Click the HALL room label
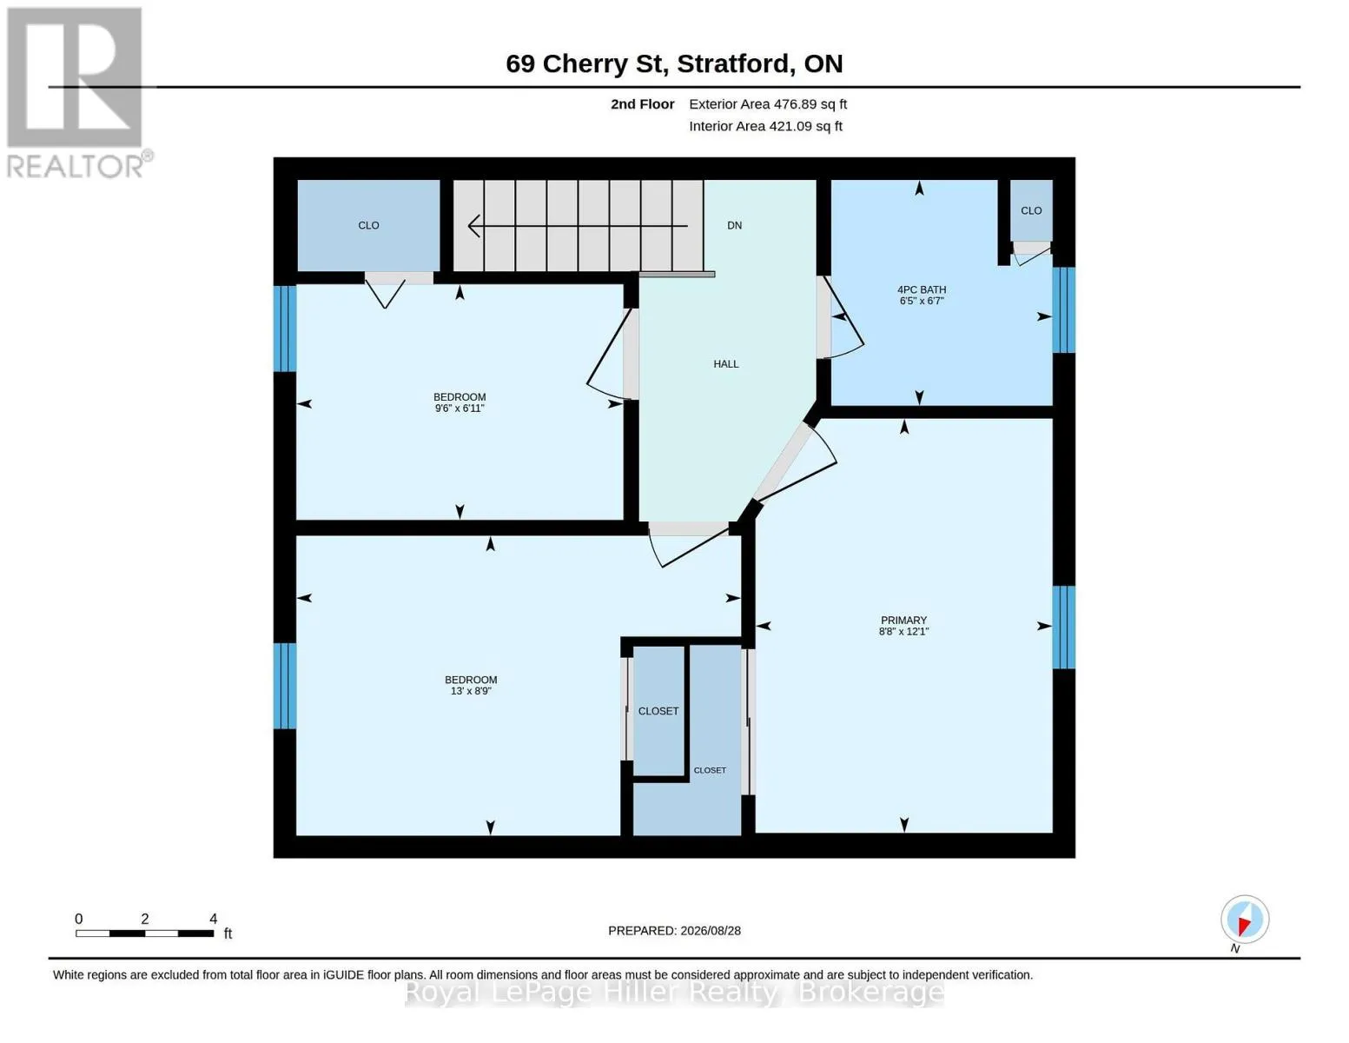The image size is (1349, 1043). point(725,364)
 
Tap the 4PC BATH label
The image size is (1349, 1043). point(922,289)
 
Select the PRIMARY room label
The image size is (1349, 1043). point(903,620)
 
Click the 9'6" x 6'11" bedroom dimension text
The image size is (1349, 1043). point(460,409)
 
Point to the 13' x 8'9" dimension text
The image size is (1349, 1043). point(471,691)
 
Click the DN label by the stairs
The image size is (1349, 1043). point(734,225)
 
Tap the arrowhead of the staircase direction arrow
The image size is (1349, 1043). point(473,225)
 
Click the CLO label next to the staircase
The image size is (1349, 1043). point(368,225)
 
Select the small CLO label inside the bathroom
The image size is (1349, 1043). point(1031,210)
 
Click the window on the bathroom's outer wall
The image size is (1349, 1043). point(1063,310)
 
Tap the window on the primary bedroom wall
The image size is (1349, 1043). point(1063,627)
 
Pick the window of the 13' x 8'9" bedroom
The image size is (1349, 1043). point(285,686)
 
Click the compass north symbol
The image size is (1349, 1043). point(1245,920)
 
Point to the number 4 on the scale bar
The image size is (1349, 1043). point(214,919)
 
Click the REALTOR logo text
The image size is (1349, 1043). point(76,167)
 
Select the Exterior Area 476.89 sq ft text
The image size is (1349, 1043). point(768,104)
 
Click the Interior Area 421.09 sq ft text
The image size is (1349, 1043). point(765,127)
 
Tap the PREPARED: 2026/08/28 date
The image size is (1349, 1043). point(674,931)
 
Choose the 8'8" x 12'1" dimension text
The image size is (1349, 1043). point(903,631)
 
